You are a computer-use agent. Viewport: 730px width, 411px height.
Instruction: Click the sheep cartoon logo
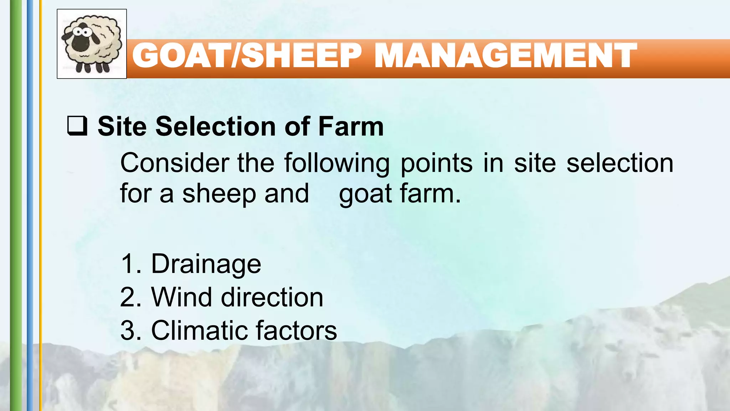[92, 44]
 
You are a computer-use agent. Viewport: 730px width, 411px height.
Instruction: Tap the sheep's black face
[81, 40]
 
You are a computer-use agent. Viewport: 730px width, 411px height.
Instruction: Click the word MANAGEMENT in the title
[505, 56]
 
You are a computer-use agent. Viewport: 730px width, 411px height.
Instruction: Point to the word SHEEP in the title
[302, 56]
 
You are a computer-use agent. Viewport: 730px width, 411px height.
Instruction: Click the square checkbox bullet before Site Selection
[77, 126]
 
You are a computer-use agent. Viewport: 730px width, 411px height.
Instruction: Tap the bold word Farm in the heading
[351, 126]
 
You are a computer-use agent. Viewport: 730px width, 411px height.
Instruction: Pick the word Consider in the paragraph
[175, 163]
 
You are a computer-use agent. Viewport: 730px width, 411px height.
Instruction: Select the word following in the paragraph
[337, 163]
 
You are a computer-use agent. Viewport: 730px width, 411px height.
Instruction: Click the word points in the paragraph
[437, 163]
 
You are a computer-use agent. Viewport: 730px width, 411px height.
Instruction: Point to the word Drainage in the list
[206, 264]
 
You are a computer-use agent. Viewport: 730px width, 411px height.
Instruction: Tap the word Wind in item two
[181, 297]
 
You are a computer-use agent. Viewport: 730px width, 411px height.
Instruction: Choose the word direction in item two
[272, 297]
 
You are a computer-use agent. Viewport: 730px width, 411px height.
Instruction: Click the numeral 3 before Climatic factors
[127, 330]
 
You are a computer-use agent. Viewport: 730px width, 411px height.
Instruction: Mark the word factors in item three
[296, 330]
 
